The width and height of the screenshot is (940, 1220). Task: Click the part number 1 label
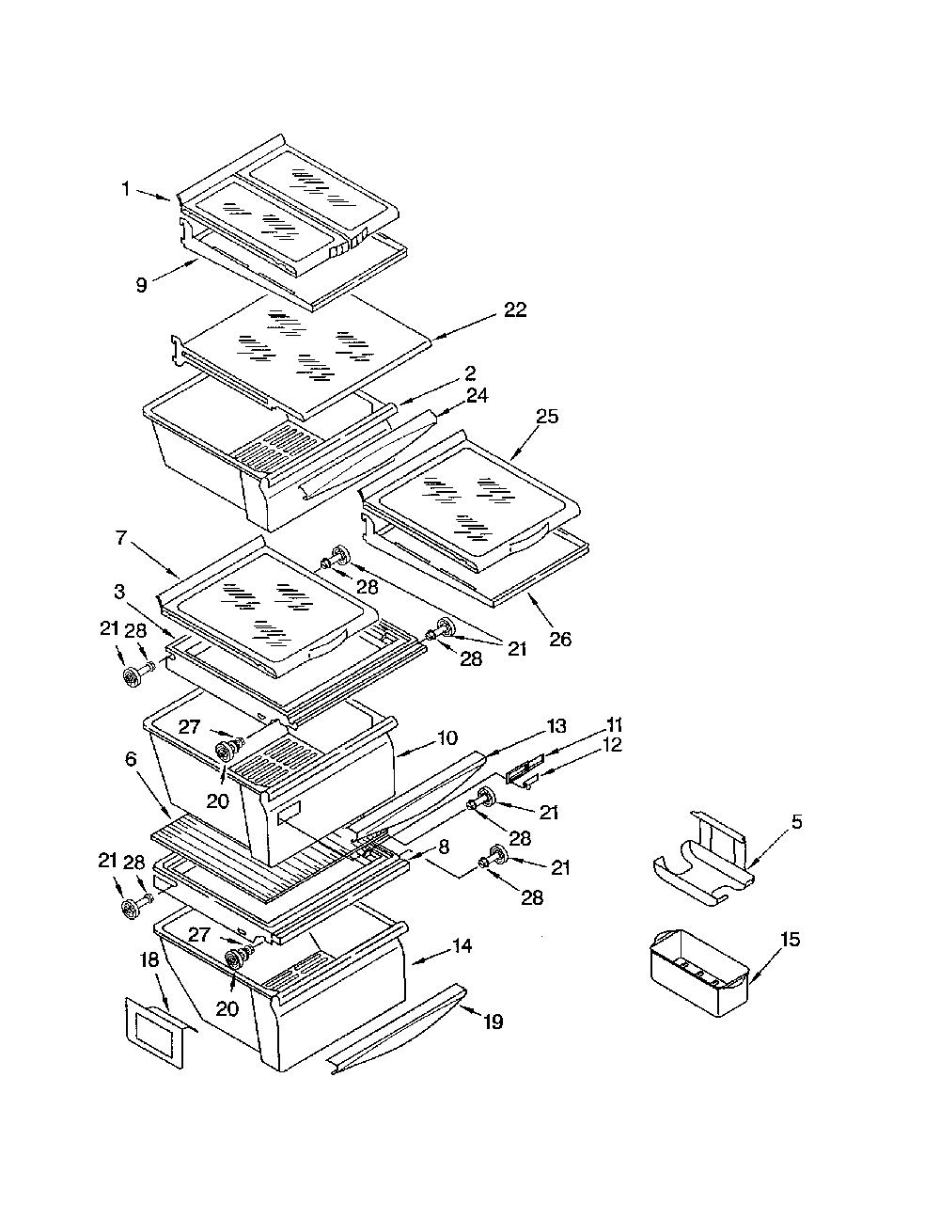[126, 189]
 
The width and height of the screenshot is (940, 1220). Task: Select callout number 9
[142, 285]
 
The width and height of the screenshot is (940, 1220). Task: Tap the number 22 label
[514, 309]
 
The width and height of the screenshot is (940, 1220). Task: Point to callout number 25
[547, 417]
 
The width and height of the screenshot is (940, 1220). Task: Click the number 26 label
[559, 639]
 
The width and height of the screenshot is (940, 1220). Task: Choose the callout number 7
[121, 538]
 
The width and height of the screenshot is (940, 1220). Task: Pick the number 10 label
[447, 737]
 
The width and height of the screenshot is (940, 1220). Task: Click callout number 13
[556, 726]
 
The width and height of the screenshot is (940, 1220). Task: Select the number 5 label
[796, 822]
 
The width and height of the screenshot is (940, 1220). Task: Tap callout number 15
[791, 940]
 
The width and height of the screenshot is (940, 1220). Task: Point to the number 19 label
[493, 1022]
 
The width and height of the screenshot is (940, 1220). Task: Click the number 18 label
[149, 960]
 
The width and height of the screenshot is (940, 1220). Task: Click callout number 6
[131, 759]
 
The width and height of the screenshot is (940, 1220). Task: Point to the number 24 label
[477, 395]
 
